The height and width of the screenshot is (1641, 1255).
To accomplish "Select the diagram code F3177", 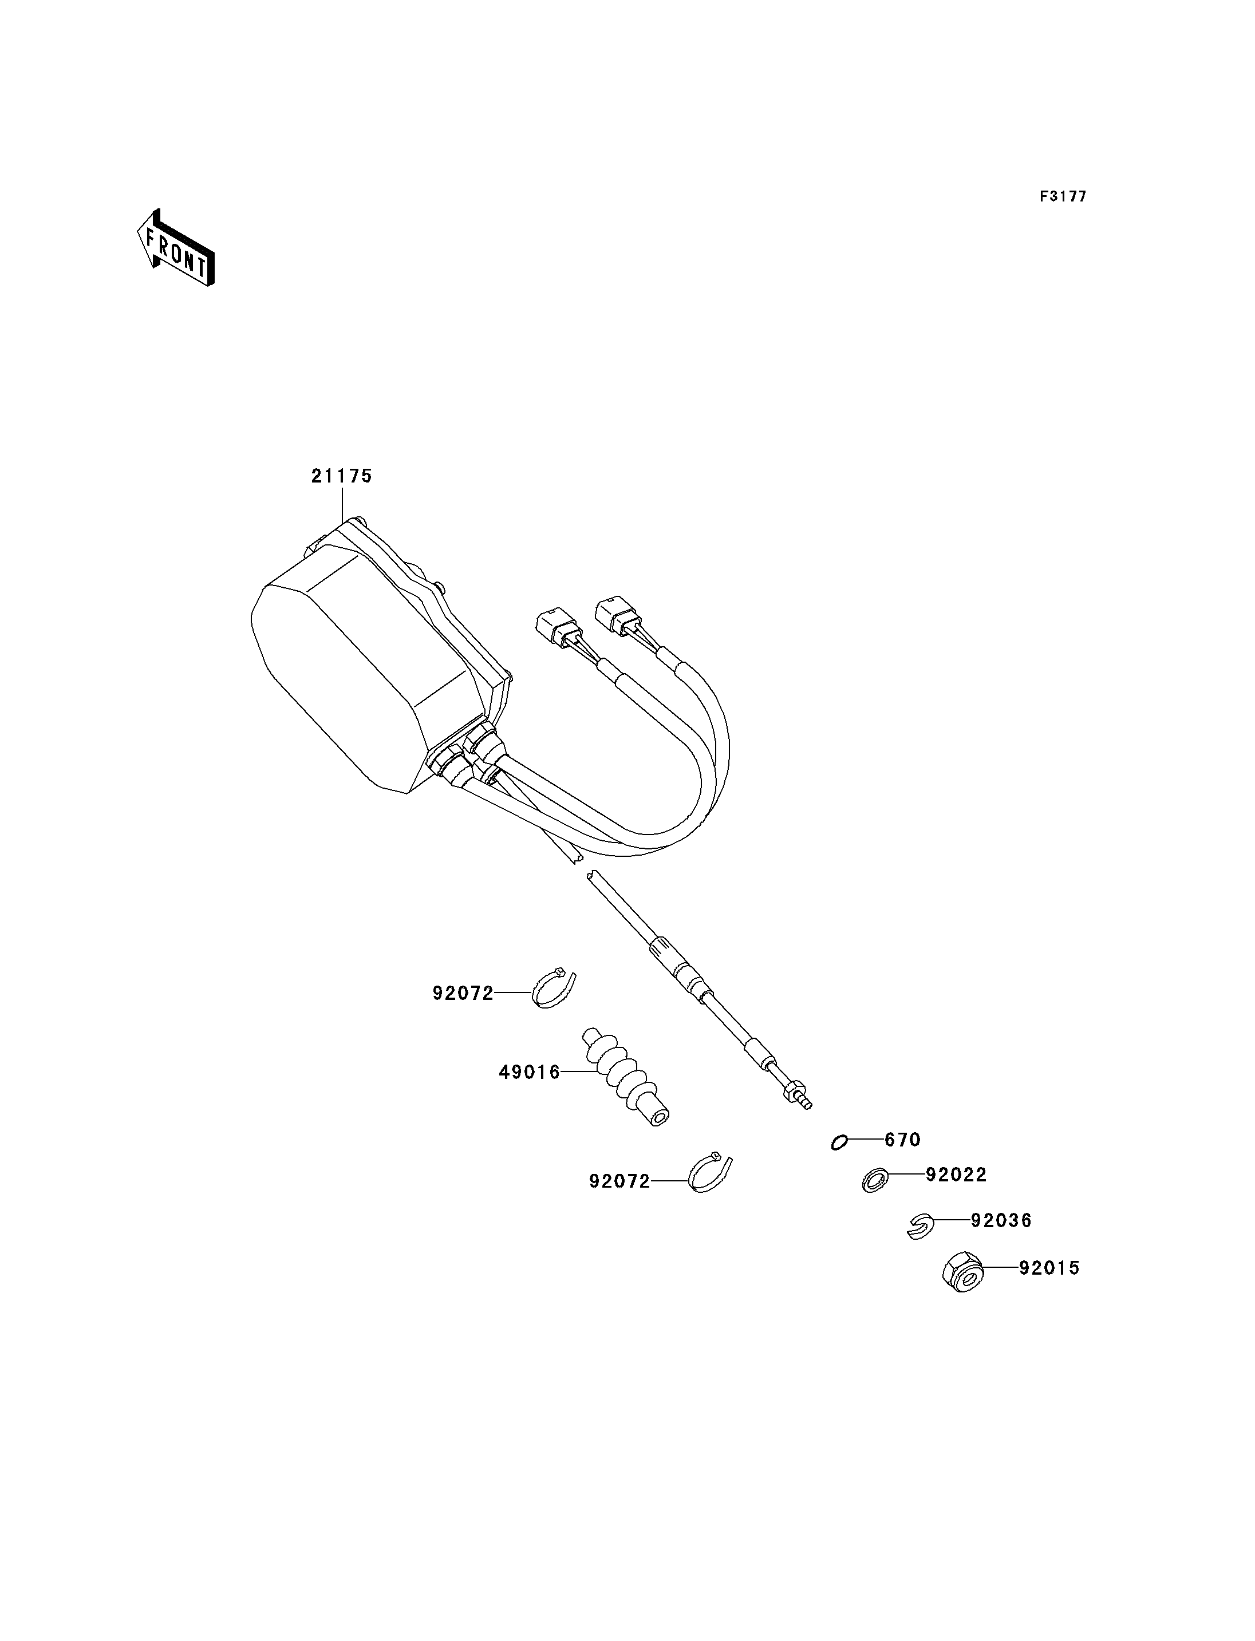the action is (x=1063, y=196).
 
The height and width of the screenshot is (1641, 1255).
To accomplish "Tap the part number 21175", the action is (x=341, y=476).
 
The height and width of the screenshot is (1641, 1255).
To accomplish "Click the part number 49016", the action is (x=529, y=1073).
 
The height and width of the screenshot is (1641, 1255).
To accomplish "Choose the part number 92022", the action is (x=956, y=1175).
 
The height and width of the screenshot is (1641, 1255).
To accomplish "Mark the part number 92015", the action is (x=1049, y=1268).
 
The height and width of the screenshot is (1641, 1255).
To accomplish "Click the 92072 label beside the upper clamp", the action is (x=463, y=994).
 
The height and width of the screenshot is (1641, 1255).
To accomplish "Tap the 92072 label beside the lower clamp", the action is (x=619, y=1181).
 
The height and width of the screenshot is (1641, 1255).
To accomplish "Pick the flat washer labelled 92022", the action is (x=875, y=1180).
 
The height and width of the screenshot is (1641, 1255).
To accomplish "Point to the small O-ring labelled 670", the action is (x=839, y=1143).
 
